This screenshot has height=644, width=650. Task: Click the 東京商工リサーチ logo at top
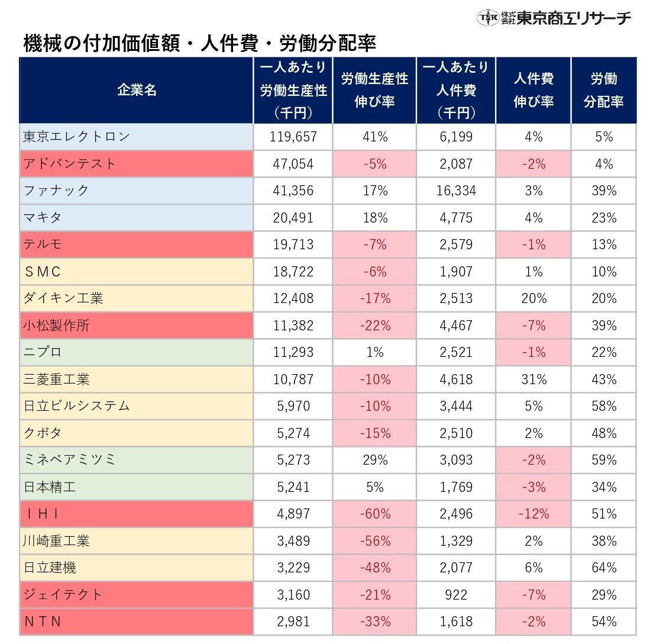554,18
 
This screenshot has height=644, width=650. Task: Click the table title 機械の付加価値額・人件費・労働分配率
200,43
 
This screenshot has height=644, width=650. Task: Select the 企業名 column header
137,90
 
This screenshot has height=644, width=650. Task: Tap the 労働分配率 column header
603,90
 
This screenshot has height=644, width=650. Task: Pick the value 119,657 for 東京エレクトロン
293,137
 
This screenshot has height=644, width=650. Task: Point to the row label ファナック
56,191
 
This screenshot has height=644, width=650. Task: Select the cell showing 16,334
455,191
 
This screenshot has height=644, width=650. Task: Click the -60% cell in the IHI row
374,514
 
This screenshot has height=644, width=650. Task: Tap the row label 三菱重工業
56,379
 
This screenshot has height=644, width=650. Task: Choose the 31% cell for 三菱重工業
533,379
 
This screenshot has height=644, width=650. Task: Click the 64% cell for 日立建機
603,568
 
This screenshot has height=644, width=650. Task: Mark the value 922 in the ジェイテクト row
455,595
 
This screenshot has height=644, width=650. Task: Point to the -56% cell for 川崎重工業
374,540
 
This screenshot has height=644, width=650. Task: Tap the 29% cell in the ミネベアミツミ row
374,460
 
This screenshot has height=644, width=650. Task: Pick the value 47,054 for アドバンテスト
293,164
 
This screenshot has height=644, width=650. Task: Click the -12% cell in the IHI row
533,514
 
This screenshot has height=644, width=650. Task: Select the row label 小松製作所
56,325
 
